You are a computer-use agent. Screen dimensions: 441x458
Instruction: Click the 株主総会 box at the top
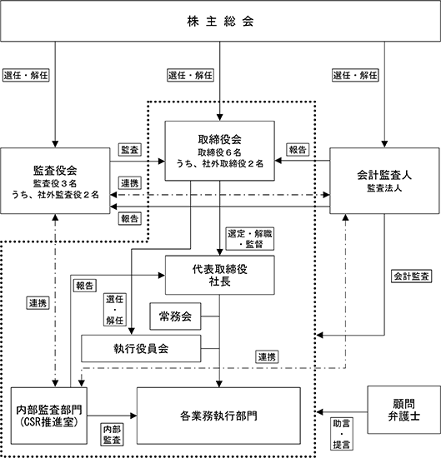220,21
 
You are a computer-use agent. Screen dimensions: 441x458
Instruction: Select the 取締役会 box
219,151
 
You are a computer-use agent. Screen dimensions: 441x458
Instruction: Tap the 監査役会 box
55,181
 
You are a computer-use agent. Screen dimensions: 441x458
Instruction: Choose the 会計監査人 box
384,181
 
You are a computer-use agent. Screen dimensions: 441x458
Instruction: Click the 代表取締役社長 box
219,275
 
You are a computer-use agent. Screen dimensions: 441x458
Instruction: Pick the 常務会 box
175,316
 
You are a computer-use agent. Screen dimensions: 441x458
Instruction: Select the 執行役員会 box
141,348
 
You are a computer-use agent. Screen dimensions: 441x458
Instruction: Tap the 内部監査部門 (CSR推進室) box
49,416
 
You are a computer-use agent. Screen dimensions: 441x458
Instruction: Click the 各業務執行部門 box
218,416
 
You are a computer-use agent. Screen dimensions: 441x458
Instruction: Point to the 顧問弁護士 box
403,410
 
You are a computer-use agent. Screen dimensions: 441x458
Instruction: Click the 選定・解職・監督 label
250,239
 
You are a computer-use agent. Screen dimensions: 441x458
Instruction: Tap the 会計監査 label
412,276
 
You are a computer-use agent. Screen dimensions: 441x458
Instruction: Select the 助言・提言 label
342,434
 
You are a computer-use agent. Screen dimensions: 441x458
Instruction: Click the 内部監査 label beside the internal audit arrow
112,435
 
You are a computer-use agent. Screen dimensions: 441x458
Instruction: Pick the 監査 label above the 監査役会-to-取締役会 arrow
129,150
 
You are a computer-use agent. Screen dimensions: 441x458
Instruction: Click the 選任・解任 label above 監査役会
26,75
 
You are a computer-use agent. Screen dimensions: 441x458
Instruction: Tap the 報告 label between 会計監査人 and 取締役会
298,150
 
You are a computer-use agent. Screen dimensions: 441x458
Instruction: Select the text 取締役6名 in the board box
219,152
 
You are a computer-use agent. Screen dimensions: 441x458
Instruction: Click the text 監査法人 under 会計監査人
384,188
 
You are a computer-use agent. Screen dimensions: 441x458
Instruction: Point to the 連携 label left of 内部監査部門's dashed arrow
38,303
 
